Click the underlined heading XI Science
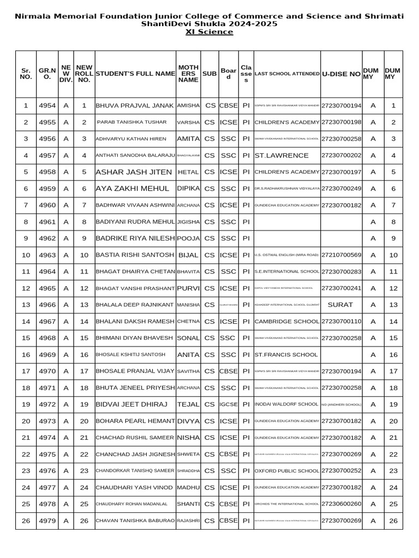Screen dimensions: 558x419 click(209, 32)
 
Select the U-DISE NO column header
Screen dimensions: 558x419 click(341, 74)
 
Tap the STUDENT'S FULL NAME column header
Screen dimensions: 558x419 click(135, 74)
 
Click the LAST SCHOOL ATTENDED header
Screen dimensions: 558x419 click(287, 74)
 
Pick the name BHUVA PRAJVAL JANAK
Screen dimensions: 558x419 click(135, 106)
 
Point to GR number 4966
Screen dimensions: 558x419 click(47, 305)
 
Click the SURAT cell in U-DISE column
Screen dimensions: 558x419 click(340, 305)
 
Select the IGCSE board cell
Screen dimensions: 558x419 click(228, 404)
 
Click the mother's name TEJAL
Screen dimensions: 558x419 click(188, 404)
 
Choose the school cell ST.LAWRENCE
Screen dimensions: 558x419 click(282, 155)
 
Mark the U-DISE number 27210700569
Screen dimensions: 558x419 click(341, 255)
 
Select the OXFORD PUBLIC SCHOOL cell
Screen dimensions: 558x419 click(287, 471)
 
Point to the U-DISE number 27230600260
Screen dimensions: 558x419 click(341, 504)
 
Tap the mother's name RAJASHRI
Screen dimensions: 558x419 click(188, 521)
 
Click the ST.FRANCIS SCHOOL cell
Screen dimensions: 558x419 click(286, 355)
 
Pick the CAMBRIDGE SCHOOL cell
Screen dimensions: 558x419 click(287, 322)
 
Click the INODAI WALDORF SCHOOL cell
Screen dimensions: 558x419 click(286, 404)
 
